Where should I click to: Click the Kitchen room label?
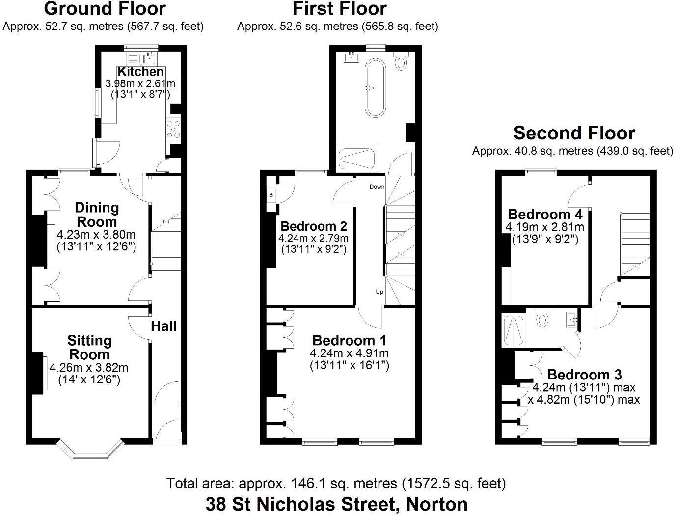tap(140, 71)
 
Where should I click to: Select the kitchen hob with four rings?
tap(173, 130)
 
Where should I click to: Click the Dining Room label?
tap(97, 215)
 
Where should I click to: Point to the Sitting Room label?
tap(89, 348)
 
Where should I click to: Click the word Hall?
tap(163, 326)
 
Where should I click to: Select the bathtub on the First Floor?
tap(376, 88)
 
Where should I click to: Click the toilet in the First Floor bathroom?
tap(402, 61)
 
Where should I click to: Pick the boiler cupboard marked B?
tap(271, 195)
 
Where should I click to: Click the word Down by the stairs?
tap(377, 187)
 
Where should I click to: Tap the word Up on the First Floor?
tap(379, 292)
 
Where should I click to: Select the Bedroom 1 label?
tap(349, 340)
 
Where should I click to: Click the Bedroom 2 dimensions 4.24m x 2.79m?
tap(313, 239)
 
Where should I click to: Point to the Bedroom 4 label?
tap(545, 214)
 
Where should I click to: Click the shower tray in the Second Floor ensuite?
tap(514, 329)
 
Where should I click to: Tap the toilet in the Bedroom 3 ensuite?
tap(542, 318)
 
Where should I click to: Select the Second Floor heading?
tap(574, 133)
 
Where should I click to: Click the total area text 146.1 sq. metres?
tap(336, 484)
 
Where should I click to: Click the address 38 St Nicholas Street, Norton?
tap(336, 504)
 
